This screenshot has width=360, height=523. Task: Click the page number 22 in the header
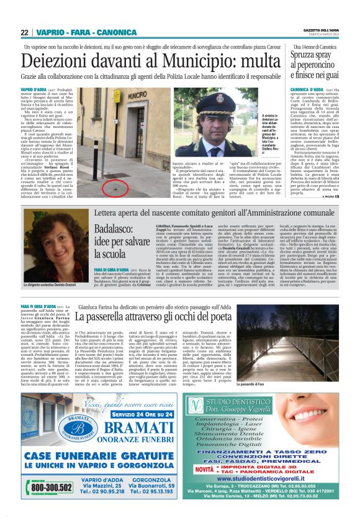pos(24,32)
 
